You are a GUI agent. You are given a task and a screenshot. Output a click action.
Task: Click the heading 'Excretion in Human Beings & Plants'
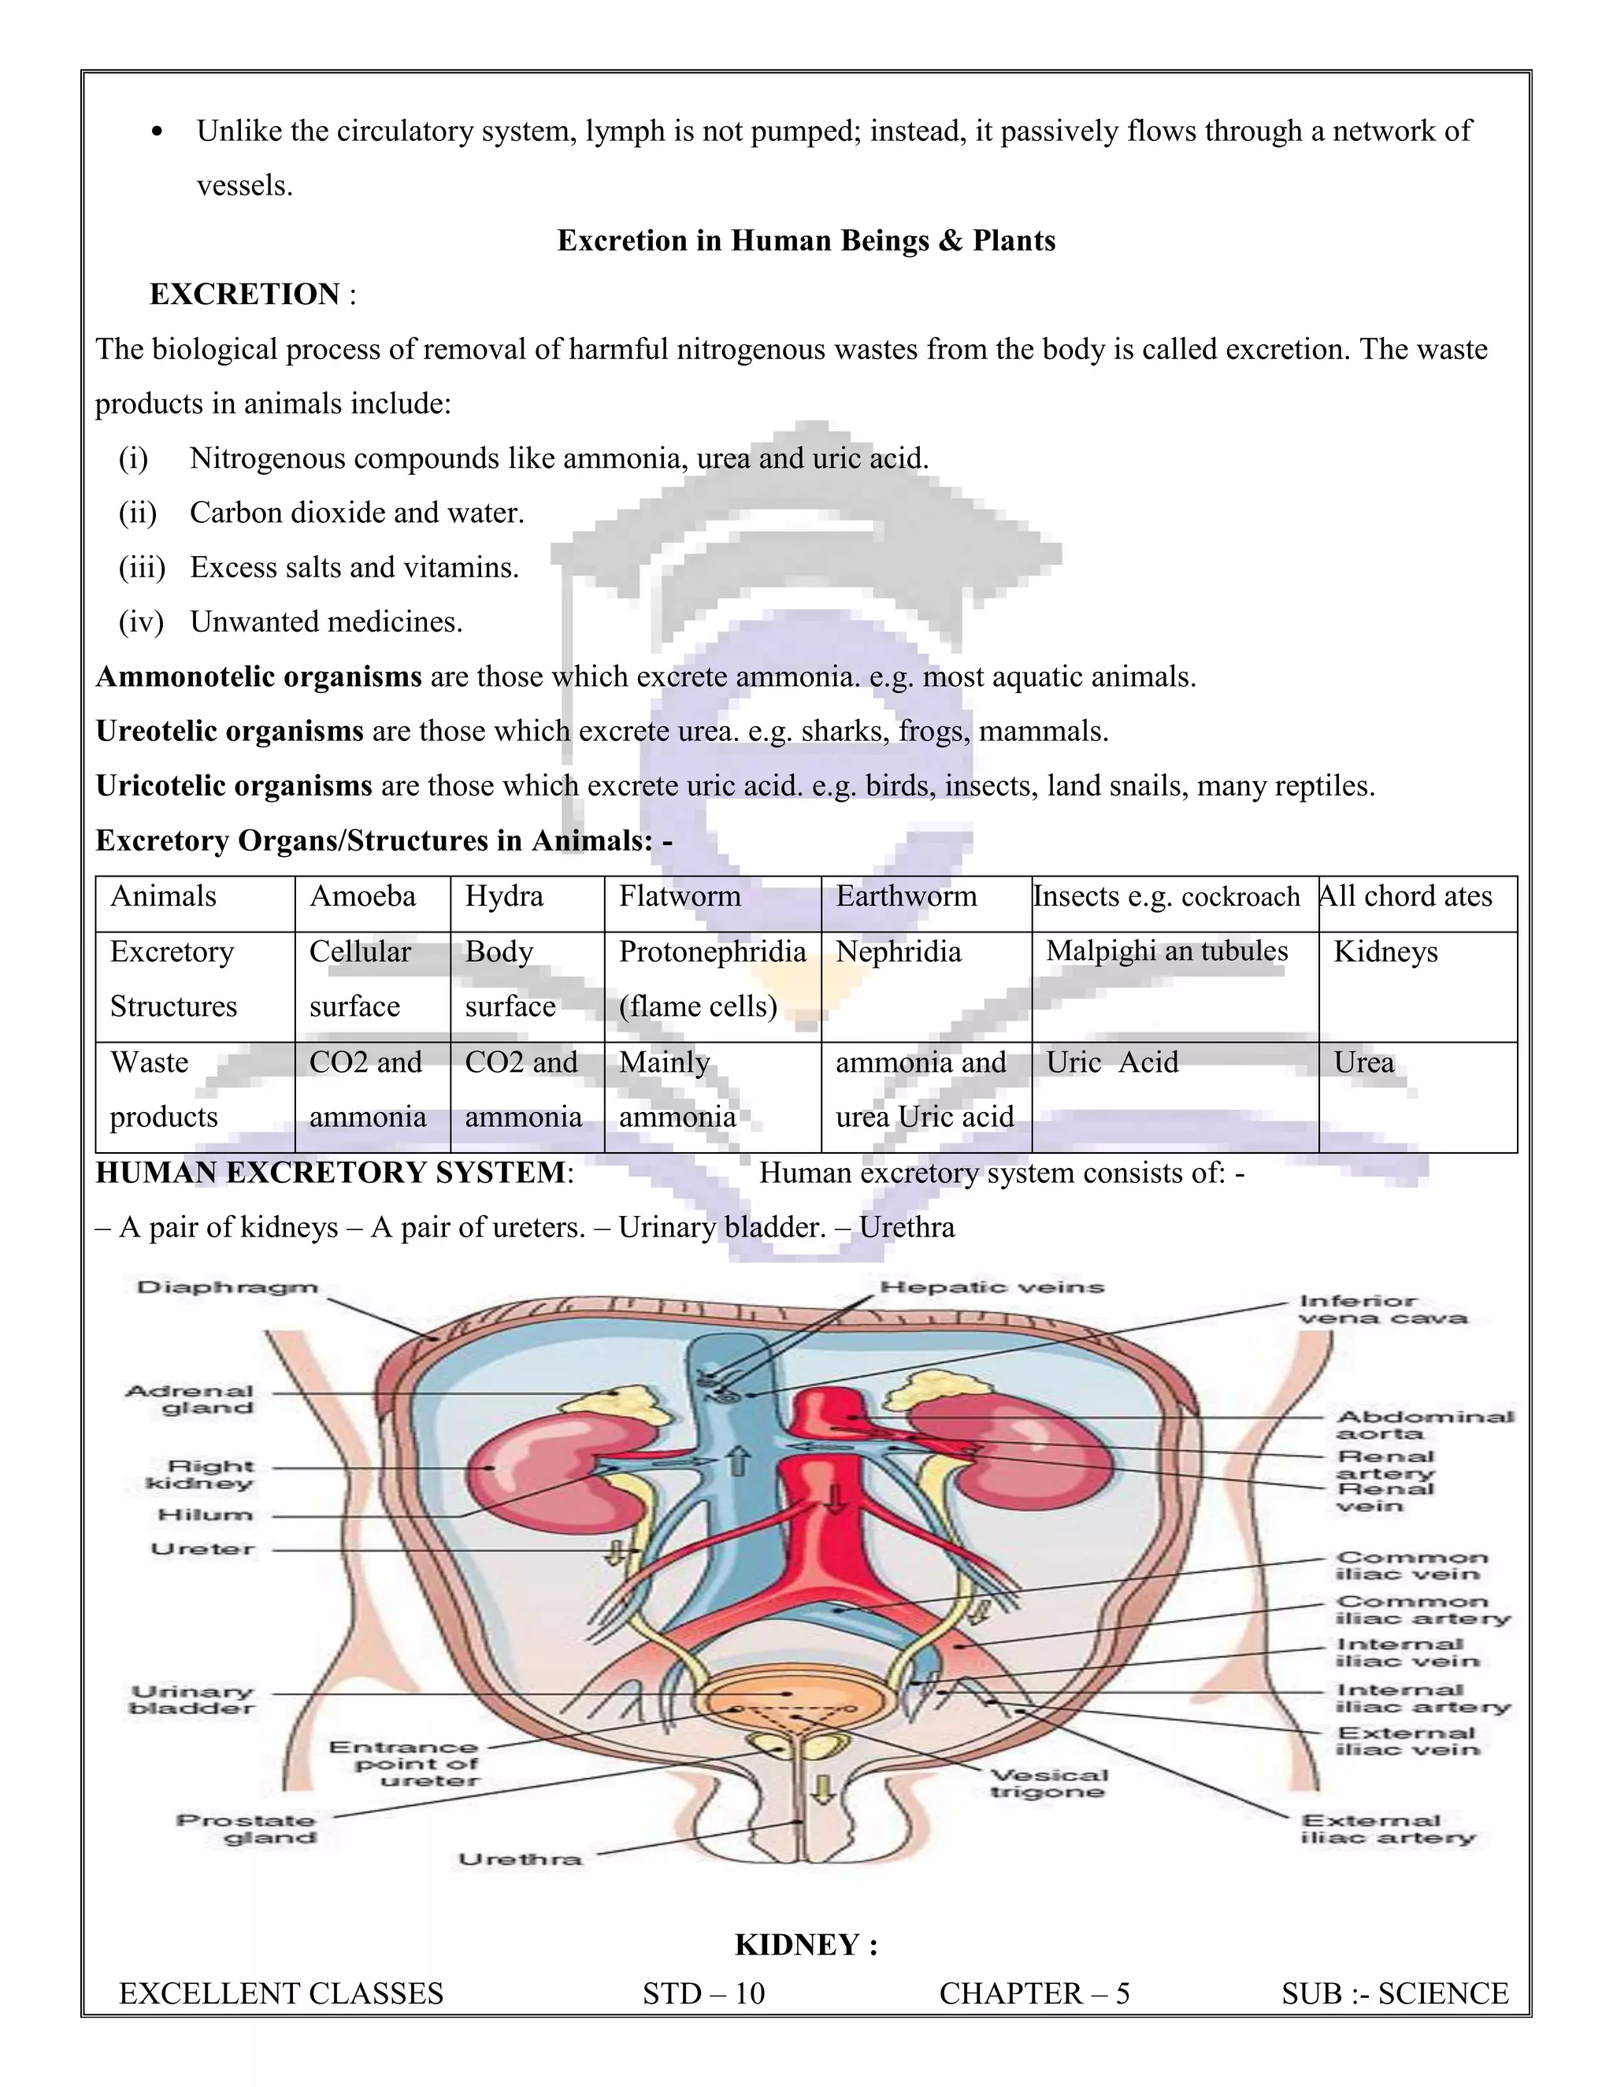[x=806, y=241]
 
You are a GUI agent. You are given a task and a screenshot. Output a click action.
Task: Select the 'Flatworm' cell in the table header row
[x=680, y=896]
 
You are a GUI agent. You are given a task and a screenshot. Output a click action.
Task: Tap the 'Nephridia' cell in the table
[x=898, y=952]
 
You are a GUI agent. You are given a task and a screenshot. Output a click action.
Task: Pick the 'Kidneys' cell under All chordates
[x=1385, y=952]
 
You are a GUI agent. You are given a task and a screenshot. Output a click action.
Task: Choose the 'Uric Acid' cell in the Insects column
[x=1112, y=1062]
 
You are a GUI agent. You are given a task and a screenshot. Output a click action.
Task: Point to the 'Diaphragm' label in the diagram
[x=228, y=1287]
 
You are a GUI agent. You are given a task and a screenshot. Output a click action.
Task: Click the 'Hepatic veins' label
[x=992, y=1287]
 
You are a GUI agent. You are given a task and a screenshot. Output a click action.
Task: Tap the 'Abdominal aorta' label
[x=1424, y=1425]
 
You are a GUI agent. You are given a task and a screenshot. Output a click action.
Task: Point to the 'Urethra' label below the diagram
[x=520, y=1859]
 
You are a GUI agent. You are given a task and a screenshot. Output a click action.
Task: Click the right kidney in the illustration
[x=535, y=1467]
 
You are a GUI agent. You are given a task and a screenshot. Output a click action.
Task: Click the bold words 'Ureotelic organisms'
[x=229, y=732]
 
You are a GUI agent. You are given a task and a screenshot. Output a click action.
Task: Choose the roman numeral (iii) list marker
[x=142, y=568]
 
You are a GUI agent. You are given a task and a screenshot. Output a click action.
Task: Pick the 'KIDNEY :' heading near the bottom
[x=806, y=1944]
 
